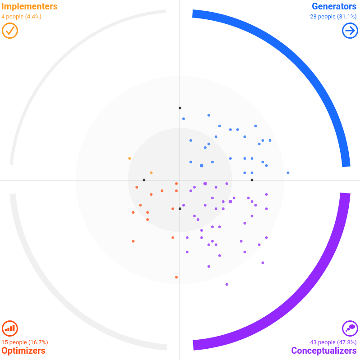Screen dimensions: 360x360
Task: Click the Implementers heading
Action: click(30, 7)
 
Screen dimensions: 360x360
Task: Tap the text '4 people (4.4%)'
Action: click(22, 17)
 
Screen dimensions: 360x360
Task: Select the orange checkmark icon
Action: click(10, 31)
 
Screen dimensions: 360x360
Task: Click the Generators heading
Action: click(334, 7)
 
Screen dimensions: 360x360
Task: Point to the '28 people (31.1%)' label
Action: click(333, 17)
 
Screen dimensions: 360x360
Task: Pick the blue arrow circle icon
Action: click(350, 31)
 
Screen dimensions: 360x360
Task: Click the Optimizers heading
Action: click(23, 351)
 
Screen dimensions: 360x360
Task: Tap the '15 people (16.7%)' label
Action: click(25, 342)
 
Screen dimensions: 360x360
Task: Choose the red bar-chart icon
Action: click(10, 328)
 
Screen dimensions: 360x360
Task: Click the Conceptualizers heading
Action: click(324, 351)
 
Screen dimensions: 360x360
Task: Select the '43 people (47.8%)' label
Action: click(333, 342)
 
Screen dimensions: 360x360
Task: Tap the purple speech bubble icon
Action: click(350, 328)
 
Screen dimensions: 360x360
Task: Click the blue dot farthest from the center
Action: click(288, 173)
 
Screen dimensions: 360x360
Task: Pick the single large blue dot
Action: click(202, 166)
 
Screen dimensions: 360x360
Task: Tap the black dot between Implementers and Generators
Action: click(180, 108)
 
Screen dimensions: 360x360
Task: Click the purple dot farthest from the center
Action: click(227, 284)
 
